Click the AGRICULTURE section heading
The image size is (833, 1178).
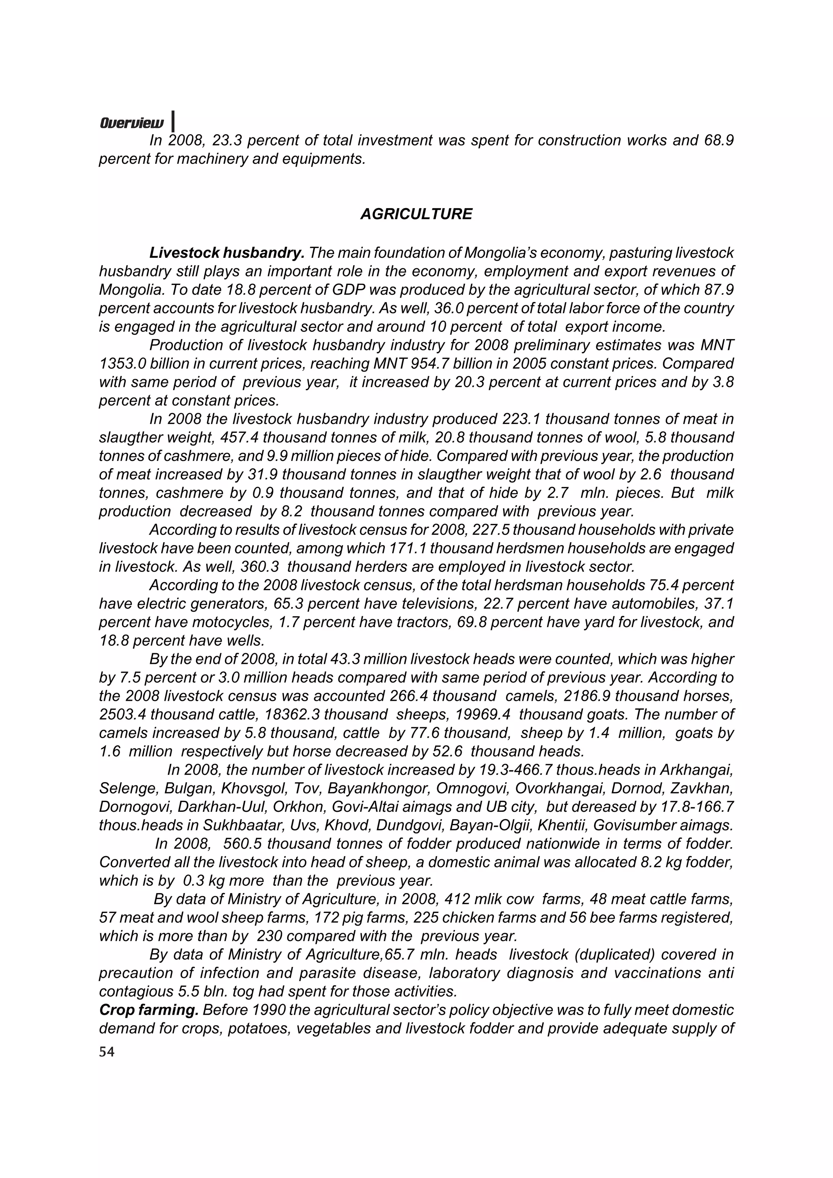(x=416, y=214)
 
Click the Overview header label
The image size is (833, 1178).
(x=132, y=124)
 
